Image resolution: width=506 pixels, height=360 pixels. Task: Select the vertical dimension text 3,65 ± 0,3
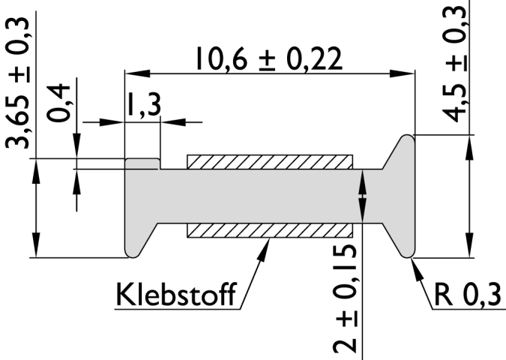21,84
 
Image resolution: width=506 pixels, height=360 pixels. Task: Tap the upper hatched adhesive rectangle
270,161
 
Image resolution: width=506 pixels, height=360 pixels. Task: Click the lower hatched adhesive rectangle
270,230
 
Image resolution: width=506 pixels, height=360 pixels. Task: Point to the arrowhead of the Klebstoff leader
265,244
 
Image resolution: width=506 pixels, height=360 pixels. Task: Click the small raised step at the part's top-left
142,163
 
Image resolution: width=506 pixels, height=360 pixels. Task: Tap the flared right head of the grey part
401,195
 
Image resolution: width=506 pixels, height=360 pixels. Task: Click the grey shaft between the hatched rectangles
270,196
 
